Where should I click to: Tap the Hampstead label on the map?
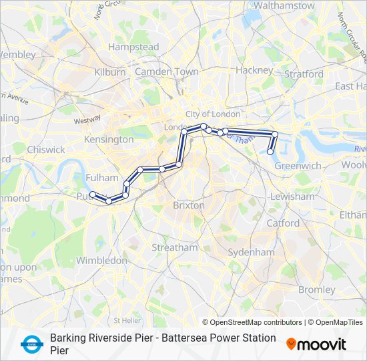[x=133, y=47]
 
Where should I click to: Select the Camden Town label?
[x=167, y=72]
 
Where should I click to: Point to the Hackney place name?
[x=254, y=70]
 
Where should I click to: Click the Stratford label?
[x=304, y=74]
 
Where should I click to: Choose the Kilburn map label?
[x=110, y=72]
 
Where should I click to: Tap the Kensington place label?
[x=109, y=140]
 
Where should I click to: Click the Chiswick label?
[x=46, y=150]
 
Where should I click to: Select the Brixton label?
[x=189, y=205]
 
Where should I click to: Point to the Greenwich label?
[x=298, y=165]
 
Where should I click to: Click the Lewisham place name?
[x=292, y=197]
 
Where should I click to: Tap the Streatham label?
[x=174, y=247]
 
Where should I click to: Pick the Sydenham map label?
[x=251, y=252]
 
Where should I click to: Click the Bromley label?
[x=316, y=289]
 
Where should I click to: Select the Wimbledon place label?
[x=101, y=260]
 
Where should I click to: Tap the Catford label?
[x=283, y=223]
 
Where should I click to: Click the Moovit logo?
[x=316, y=344]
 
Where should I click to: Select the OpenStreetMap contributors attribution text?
[x=256, y=322]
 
